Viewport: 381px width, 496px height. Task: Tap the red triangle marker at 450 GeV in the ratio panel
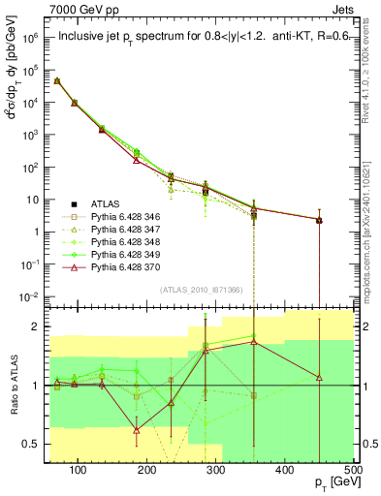319,377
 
